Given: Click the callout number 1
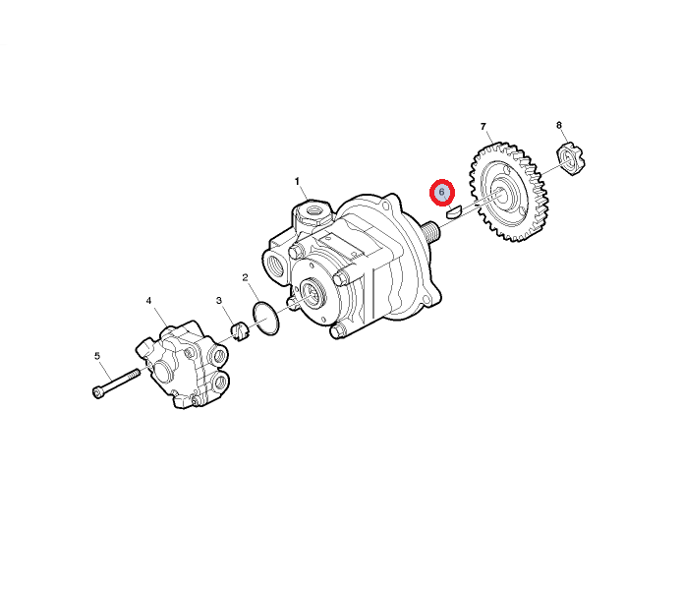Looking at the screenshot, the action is coord(297,181).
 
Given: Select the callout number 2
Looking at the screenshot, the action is coord(246,277).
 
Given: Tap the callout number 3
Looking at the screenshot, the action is coord(219,300).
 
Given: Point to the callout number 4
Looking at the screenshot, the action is coord(148,301).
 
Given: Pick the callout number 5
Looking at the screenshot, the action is coord(97,356).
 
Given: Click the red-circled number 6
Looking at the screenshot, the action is coord(442,192).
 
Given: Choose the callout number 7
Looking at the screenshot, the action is coord(483,126).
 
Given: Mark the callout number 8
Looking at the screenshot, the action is coord(559,125).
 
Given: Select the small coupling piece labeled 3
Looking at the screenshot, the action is coord(239,331).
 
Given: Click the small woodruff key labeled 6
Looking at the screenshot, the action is coord(453,211).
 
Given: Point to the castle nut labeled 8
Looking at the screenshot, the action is coord(571,159).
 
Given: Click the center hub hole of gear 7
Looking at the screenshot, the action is coord(501,195).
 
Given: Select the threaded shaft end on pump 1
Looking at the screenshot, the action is coord(430,230).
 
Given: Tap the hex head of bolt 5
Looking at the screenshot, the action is coord(98,391).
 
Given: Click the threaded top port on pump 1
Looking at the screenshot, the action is coord(313,211).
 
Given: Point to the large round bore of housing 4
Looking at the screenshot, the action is coord(163,371).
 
